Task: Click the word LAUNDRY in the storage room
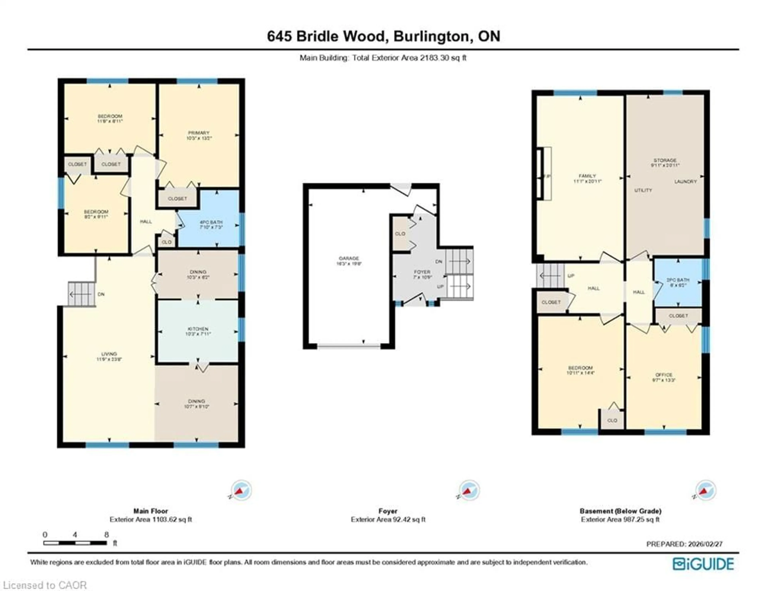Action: pos(685,182)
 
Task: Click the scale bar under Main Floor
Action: pos(75,543)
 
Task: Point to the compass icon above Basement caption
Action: pos(706,490)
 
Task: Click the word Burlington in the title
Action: pos(432,36)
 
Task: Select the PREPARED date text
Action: pos(684,544)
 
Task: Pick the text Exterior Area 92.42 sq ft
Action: pos(388,519)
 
